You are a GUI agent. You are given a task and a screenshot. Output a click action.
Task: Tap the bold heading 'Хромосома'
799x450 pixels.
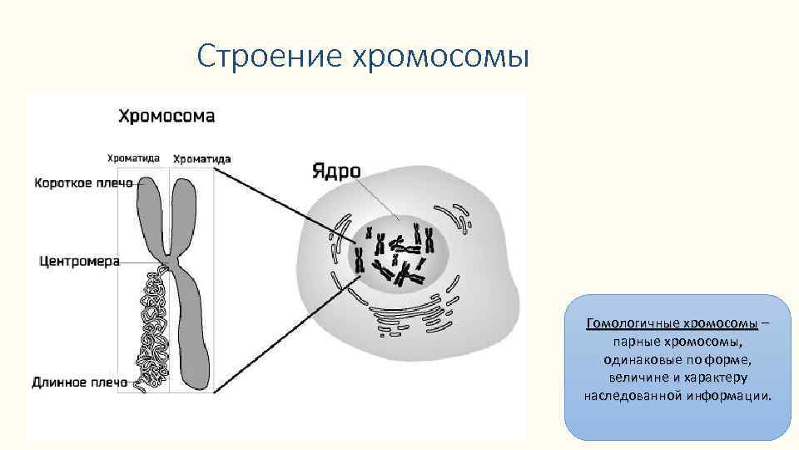coord(166,116)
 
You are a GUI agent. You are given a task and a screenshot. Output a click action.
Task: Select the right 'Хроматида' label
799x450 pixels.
coord(202,158)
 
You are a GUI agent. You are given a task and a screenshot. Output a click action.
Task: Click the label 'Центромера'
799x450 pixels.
coord(80,261)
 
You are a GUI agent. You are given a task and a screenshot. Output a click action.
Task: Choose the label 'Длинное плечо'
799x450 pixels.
coord(80,382)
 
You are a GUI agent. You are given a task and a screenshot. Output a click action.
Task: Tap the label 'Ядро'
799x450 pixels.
coord(336,172)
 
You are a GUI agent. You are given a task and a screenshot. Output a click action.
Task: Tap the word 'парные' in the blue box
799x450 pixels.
coord(633,342)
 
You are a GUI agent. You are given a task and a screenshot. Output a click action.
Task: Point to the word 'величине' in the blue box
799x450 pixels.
coord(644,377)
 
